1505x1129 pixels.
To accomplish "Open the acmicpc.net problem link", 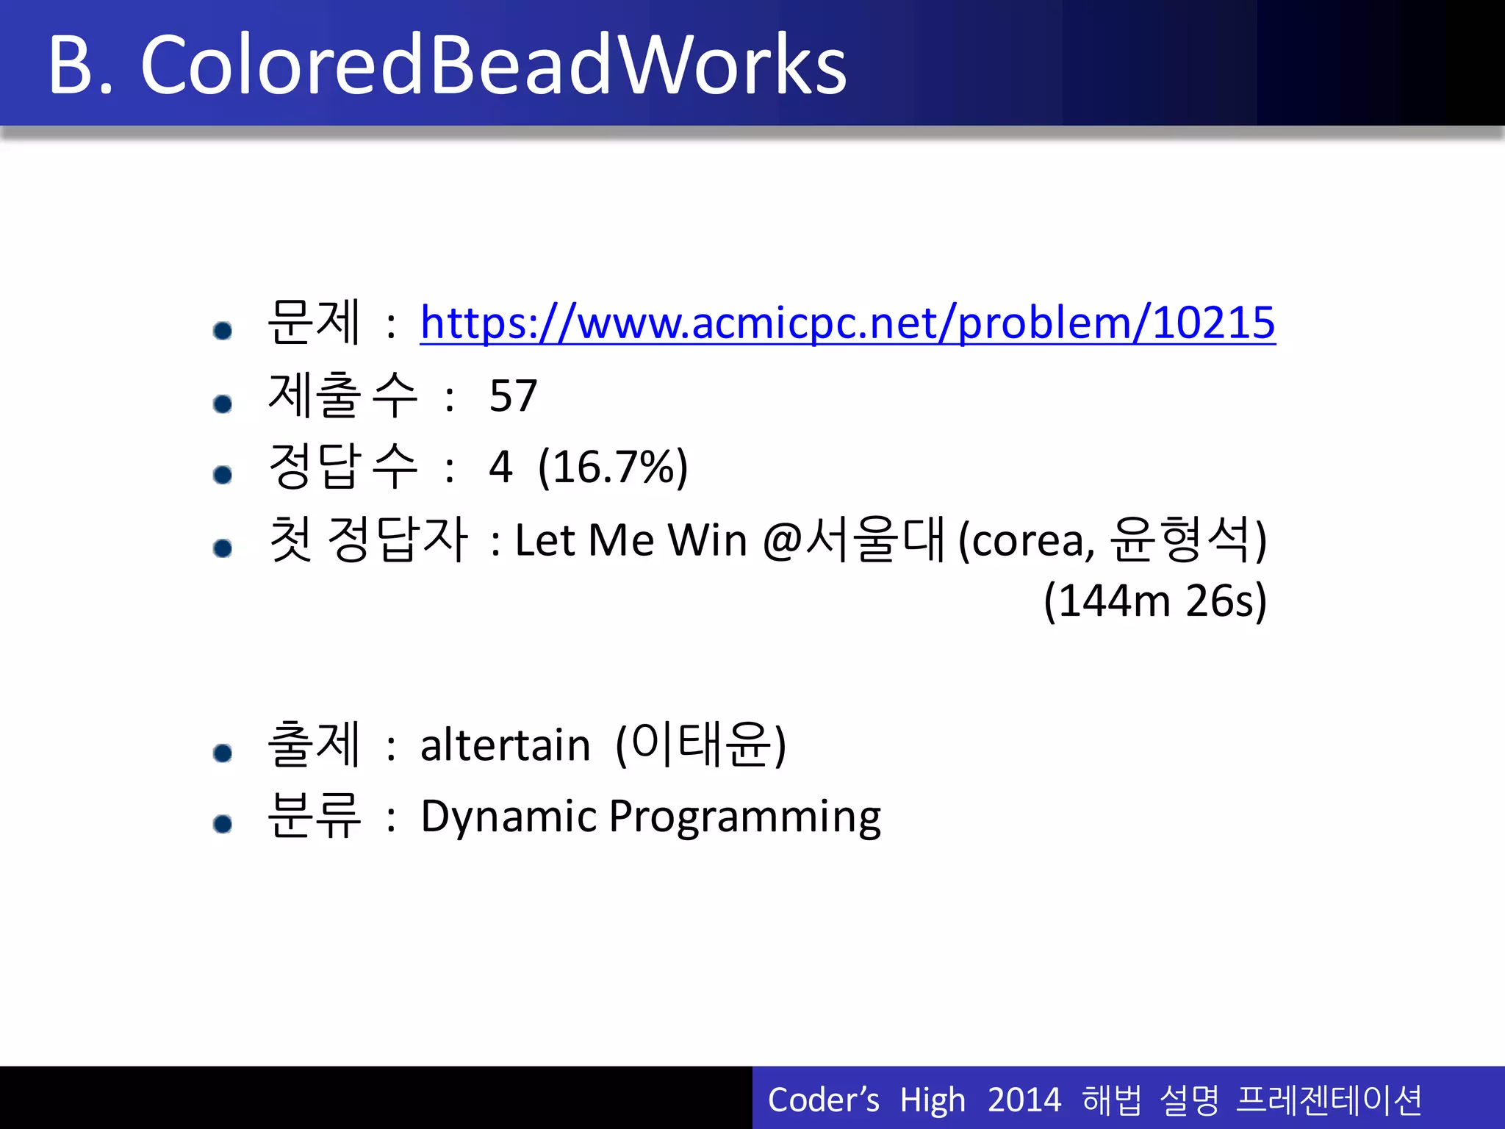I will (x=847, y=323).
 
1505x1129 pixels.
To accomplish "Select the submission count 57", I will (x=513, y=396).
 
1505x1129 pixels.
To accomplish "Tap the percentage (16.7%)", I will (x=613, y=467).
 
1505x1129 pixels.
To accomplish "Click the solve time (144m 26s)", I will (x=1154, y=601).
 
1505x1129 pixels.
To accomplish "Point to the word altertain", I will (x=505, y=745).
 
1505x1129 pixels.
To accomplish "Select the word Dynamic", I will (x=509, y=817).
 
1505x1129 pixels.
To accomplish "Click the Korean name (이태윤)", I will (x=700, y=745).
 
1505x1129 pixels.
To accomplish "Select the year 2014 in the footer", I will (x=1024, y=1100).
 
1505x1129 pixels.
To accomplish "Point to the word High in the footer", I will (x=932, y=1100).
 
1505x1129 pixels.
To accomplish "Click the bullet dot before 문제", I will (x=223, y=331).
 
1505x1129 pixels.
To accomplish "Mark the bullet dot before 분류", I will (x=223, y=824).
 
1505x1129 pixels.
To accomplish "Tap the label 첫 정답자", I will (x=367, y=540).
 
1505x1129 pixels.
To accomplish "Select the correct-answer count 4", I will (x=500, y=467).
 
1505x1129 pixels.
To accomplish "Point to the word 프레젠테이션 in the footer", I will (x=1329, y=1100).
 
